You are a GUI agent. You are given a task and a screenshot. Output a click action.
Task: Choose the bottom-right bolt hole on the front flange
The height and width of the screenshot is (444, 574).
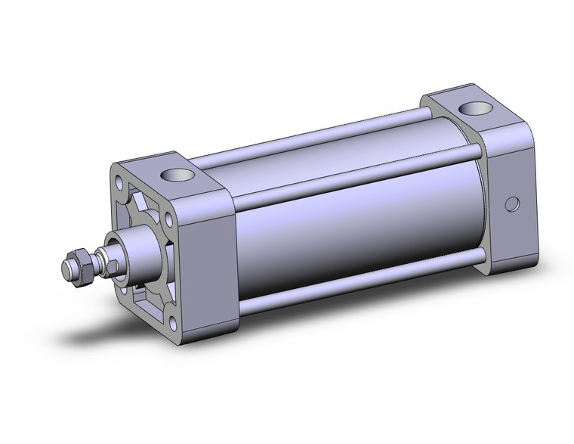[x=172, y=325]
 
